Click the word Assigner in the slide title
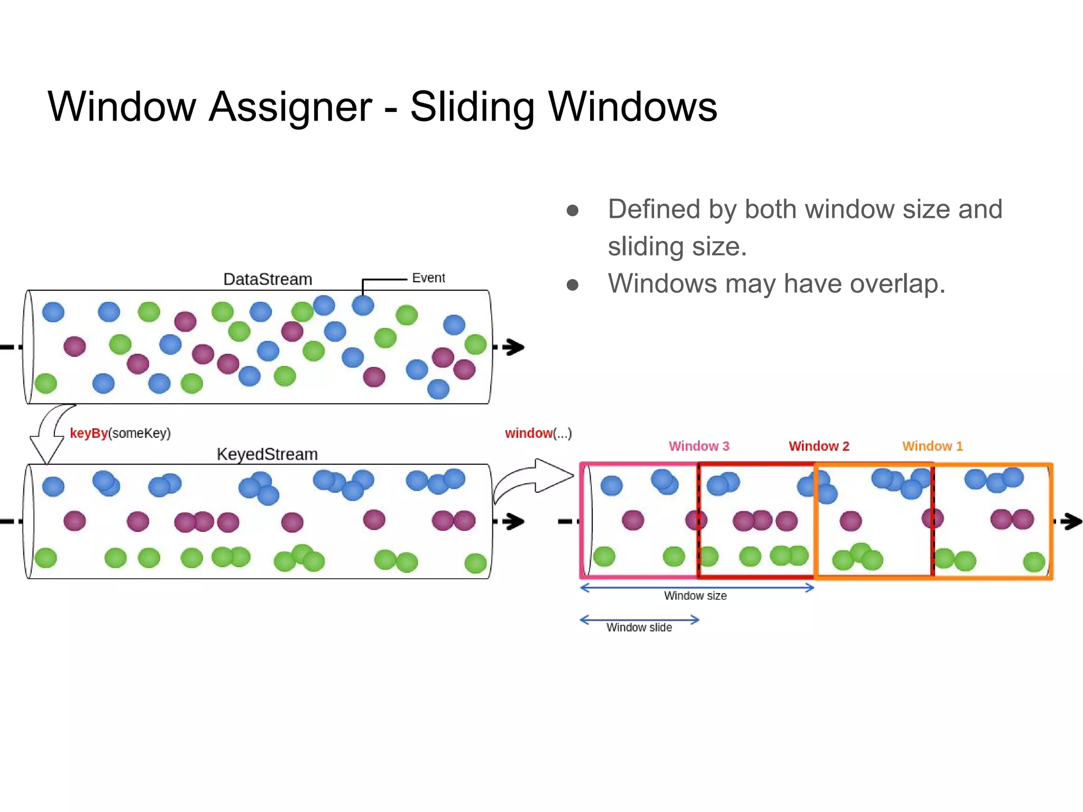coord(290,107)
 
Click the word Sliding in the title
coord(472,107)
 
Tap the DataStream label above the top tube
coord(268,279)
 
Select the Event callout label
coord(428,278)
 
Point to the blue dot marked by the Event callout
coord(363,306)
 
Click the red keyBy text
coord(88,433)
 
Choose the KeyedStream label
coord(267,454)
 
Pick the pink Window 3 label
coord(699,446)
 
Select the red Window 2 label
coord(819,446)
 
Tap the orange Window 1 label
coord(932,446)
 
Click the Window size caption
coord(695,596)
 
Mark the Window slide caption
coord(639,628)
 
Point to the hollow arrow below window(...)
coord(534,478)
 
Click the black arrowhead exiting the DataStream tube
coord(513,347)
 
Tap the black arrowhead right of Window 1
coord(1072,521)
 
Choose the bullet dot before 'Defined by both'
coord(572,211)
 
